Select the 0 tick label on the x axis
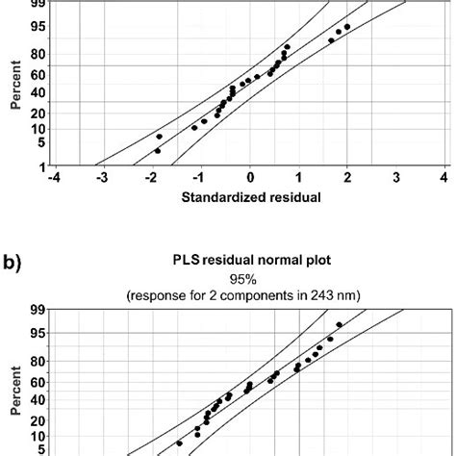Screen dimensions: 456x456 pos(250,177)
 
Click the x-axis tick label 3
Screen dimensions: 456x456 pos(396,177)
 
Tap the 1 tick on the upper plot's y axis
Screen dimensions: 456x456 pos(45,166)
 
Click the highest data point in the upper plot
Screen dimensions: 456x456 pos(347,27)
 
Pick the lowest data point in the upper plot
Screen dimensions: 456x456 pos(158,151)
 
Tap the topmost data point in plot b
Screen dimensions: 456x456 pos(340,325)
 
